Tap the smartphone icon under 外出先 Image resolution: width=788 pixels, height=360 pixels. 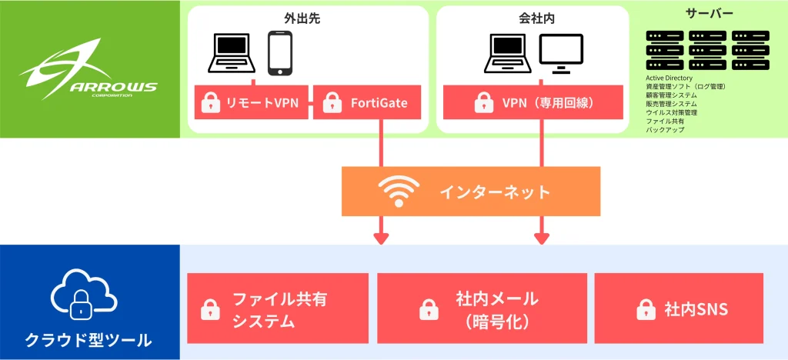tap(280, 53)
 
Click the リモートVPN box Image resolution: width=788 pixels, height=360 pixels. tap(252, 102)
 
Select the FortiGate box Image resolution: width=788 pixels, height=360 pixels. tap(367, 102)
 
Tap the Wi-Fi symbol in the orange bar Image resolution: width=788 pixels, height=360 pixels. tap(398, 192)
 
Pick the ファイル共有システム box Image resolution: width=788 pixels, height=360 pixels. tap(278, 308)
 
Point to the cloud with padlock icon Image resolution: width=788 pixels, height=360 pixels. tap(82, 295)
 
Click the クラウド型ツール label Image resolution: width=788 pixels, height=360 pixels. tap(88, 339)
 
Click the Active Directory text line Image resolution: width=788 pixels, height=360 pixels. tap(669, 78)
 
